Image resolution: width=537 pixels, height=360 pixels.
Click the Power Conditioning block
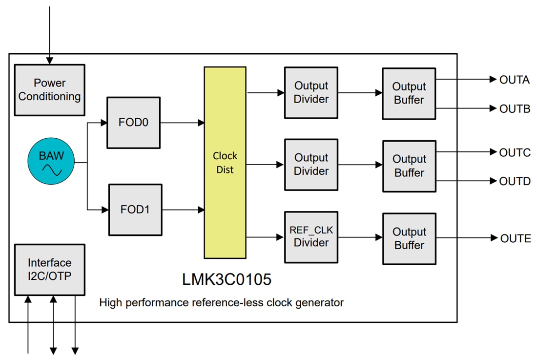[49, 90]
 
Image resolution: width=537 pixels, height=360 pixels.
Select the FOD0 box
[133, 123]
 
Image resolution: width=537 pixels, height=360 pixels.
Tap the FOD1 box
[135, 210]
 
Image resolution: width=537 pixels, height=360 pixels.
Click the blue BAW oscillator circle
[51, 163]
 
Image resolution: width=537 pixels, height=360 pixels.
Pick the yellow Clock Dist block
[225, 163]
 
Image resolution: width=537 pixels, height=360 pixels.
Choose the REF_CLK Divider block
[311, 236]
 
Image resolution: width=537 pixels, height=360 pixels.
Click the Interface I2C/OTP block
[49, 269]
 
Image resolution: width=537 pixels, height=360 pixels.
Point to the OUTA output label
[514, 80]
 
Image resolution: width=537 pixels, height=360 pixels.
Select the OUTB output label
[515, 109]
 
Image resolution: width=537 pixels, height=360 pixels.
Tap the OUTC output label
[515, 153]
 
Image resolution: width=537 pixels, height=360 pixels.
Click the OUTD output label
[515, 182]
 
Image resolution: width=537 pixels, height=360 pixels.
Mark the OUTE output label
[515, 239]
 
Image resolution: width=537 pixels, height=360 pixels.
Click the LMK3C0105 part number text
[227, 280]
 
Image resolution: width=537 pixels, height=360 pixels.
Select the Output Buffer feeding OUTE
[409, 239]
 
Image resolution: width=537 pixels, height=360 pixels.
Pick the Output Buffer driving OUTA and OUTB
[409, 93]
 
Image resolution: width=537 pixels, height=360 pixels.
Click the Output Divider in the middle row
[311, 165]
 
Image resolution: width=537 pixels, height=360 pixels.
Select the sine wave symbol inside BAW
[52, 170]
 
